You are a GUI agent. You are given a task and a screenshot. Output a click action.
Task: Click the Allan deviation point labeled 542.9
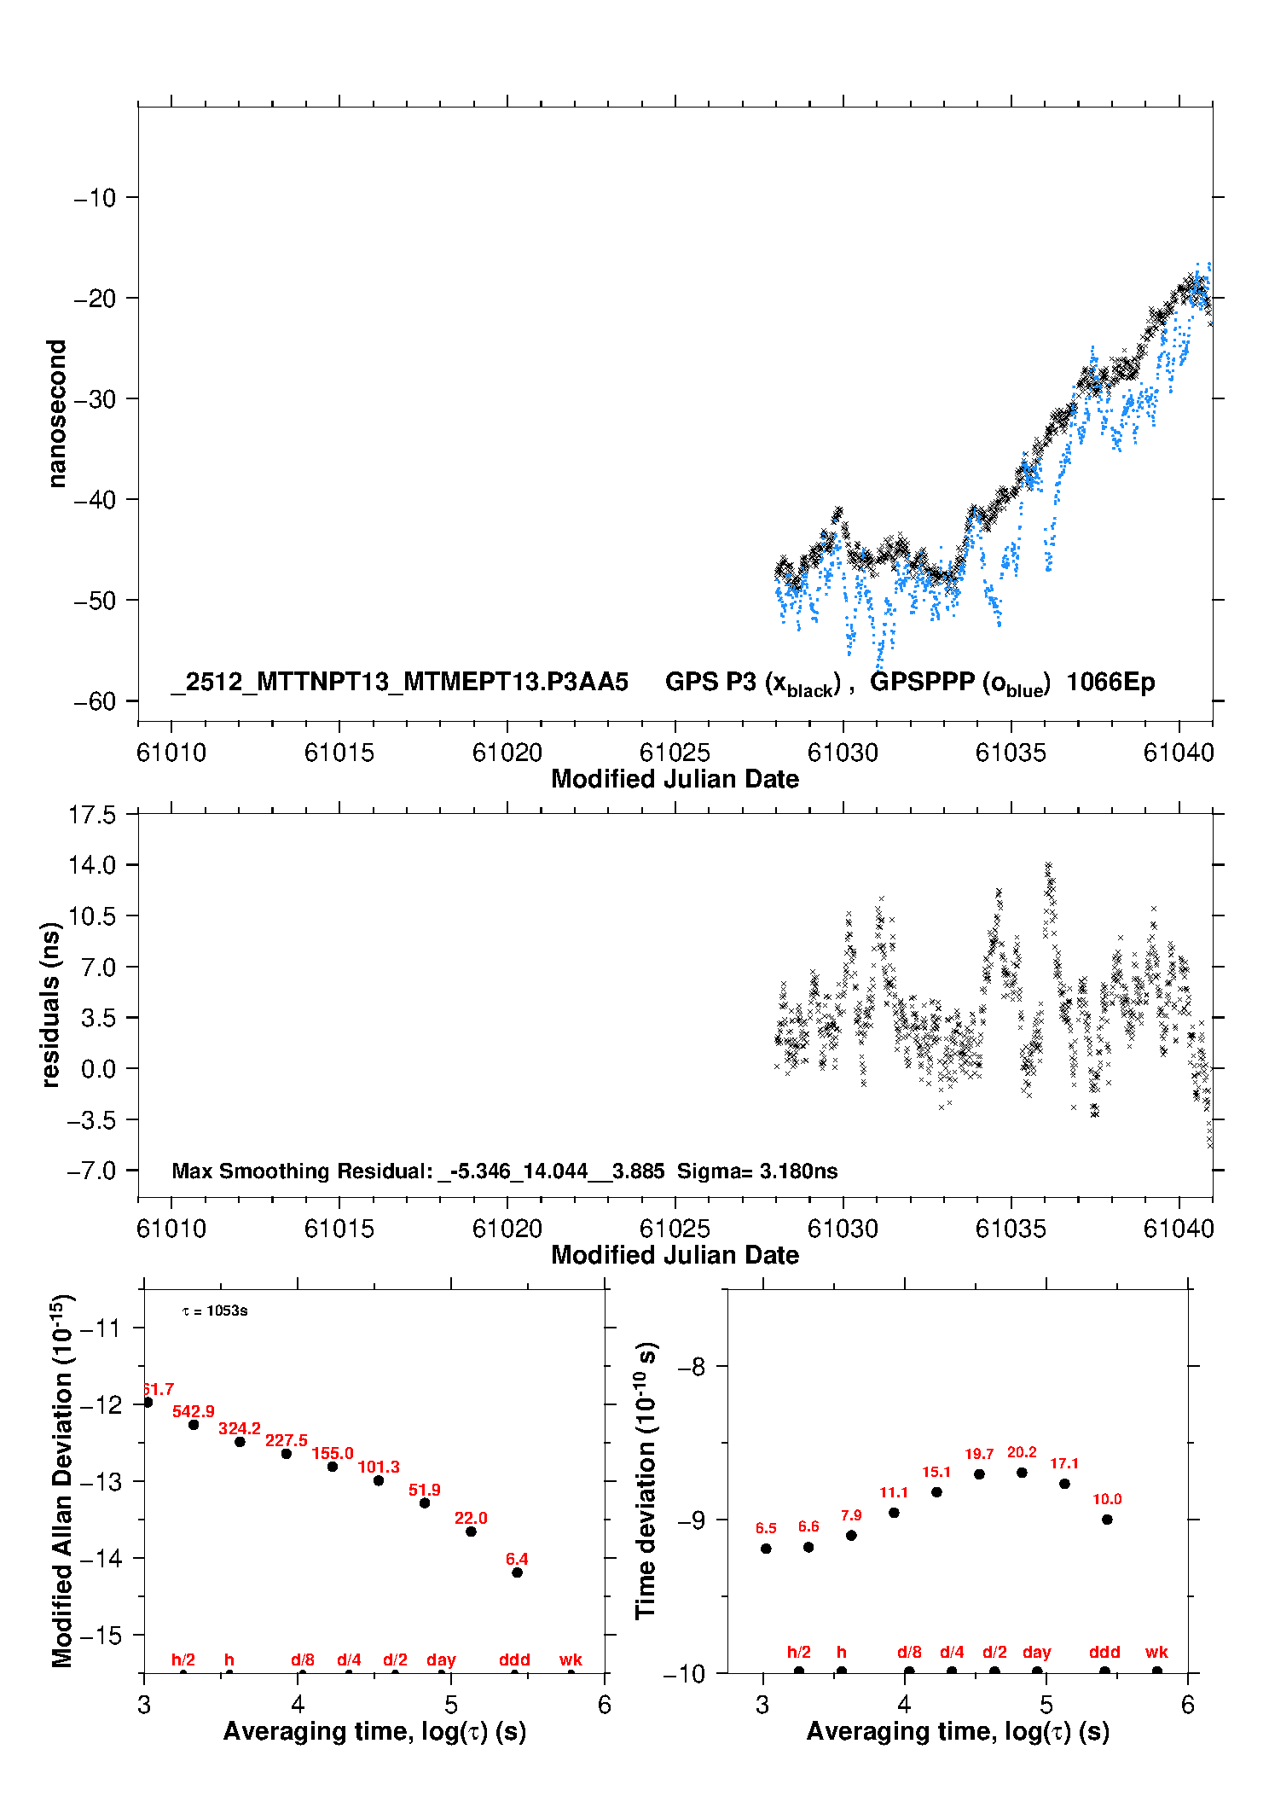point(194,1425)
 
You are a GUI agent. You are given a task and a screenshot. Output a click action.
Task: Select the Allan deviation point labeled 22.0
point(471,1532)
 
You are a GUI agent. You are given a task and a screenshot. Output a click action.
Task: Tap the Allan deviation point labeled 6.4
point(517,1572)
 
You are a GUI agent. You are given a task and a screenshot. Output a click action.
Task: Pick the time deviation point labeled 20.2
point(1022,1473)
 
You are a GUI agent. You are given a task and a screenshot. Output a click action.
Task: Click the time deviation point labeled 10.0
point(1107,1520)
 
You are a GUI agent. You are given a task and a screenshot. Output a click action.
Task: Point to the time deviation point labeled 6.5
point(766,1549)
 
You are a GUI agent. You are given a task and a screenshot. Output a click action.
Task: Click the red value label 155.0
point(332,1453)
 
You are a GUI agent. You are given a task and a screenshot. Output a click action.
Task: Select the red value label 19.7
point(979,1454)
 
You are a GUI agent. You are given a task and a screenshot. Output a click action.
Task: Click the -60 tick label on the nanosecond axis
point(94,701)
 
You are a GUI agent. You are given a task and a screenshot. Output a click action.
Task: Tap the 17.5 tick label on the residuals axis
point(92,815)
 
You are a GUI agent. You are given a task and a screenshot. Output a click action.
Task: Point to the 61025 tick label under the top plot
point(675,753)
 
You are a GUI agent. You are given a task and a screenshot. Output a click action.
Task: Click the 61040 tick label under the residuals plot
point(1179,1229)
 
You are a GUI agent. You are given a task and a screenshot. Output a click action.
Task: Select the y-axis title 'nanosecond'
point(57,414)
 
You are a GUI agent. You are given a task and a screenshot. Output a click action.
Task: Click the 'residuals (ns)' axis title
point(51,1005)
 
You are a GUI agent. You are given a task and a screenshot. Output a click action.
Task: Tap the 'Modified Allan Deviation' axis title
point(61,1480)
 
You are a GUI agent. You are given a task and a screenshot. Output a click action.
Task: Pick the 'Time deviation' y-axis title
point(646,1480)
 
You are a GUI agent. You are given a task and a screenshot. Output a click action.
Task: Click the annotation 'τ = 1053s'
point(215,1311)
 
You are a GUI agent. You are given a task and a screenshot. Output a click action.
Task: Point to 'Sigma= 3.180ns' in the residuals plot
point(756,1171)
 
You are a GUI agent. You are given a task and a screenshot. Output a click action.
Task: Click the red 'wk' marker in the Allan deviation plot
point(571,1659)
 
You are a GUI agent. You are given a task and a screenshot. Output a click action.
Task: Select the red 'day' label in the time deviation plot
point(1036,1652)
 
